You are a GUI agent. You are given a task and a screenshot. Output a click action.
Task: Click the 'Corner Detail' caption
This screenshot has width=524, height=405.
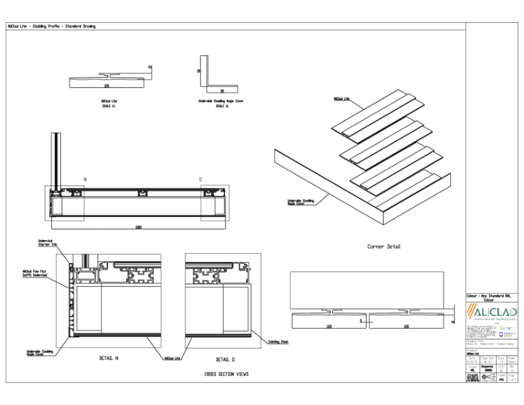coord(384,247)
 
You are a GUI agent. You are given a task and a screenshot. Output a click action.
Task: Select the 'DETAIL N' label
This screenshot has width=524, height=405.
coord(108,358)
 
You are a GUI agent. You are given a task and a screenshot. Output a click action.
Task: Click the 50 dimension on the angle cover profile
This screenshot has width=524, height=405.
coord(221,90)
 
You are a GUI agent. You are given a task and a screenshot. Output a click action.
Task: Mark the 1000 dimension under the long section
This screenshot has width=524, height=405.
coord(138,227)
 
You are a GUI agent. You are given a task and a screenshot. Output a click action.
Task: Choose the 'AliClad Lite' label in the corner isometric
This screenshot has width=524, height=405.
coord(341,99)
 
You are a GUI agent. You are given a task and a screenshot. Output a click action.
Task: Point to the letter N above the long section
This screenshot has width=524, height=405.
coord(85,180)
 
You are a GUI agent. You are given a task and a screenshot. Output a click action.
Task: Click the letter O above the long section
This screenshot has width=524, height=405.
coord(201,180)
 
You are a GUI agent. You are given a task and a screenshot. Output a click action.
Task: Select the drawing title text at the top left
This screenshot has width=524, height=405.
coord(51,26)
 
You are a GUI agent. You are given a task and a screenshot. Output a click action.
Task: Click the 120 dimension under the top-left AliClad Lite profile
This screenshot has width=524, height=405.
coord(107,86)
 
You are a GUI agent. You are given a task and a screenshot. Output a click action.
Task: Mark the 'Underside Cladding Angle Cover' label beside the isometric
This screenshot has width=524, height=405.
coord(298,202)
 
